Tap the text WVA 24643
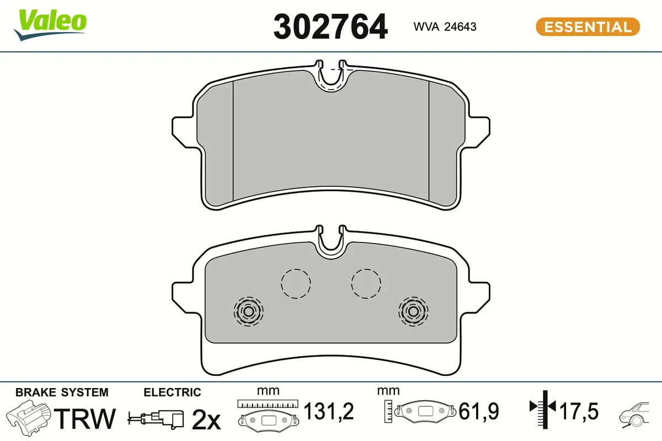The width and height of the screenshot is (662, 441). (x=445, y=26)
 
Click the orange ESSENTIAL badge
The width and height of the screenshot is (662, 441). (x=588, y=26)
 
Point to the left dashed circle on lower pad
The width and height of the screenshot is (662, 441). (x=296, y=283)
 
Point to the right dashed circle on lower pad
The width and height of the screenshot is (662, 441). (x=366, y=283)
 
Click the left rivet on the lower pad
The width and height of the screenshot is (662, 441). (x=248, y=311)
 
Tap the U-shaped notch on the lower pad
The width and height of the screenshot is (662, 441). (x=330, y=243)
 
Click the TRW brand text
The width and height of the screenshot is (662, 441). (x=87, y=419)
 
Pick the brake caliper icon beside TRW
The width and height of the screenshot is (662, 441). (x=30, y=418)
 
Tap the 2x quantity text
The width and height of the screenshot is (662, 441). (x=205, y=420)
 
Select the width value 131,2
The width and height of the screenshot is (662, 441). (x=329, y=411)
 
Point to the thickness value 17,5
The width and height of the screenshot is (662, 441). (x=579, y=411)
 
